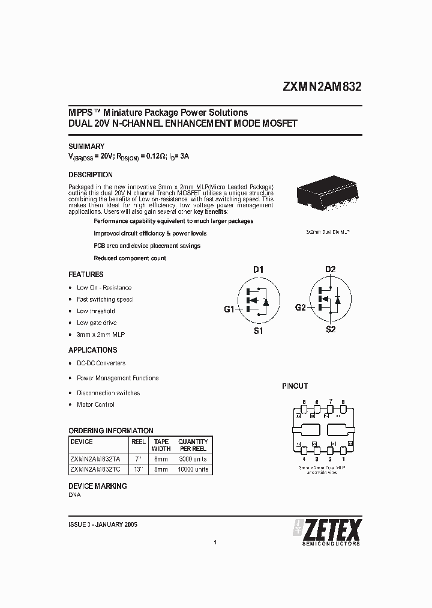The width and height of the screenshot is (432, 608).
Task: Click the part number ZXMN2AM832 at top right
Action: [x=322, y=86]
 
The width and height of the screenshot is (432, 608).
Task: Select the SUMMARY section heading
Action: [x=86, y=146]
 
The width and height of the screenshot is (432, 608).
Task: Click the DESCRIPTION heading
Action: [x=91, y=175]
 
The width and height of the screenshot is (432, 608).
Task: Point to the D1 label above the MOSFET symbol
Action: [x=258, y=270]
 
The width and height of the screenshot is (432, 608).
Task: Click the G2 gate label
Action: [x=301, y=308]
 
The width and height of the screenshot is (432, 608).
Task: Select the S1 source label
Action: [x=258, y=330]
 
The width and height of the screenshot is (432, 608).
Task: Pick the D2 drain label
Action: [x=330, y=269]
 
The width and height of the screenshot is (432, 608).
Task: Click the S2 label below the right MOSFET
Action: [x=330, y=330]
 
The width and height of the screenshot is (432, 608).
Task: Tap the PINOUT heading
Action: [x=295, y=386]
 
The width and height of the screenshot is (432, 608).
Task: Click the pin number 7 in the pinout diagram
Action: [x=330, y=401]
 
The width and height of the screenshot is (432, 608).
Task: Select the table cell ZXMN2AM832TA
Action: [x=95, y=458]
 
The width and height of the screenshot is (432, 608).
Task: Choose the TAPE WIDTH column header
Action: [x=161, y=445]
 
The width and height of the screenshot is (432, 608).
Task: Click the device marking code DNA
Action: [x=74, y=495]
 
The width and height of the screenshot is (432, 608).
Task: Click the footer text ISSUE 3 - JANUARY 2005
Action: [x=103, y=524]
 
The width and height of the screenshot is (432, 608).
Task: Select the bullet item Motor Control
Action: [x=95, y=405]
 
